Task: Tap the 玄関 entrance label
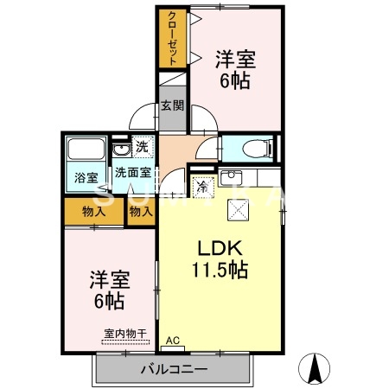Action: point(172,106)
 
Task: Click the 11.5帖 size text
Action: point(220,270)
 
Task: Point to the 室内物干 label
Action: point(124,333)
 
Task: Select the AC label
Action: point(171,341)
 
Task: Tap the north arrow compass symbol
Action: point(315,370)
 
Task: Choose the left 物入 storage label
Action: point(93,211)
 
